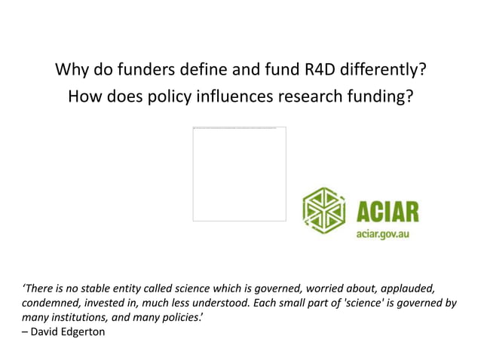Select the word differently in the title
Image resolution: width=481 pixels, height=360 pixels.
(384, 71)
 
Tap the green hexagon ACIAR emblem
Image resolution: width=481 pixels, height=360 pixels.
(324, 210)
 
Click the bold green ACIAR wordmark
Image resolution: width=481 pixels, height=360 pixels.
(388, 208)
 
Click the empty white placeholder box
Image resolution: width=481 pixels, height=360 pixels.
(239, 174)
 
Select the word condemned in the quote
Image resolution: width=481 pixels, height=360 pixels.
(50, 303)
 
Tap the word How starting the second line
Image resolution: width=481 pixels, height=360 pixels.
(84, 97)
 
